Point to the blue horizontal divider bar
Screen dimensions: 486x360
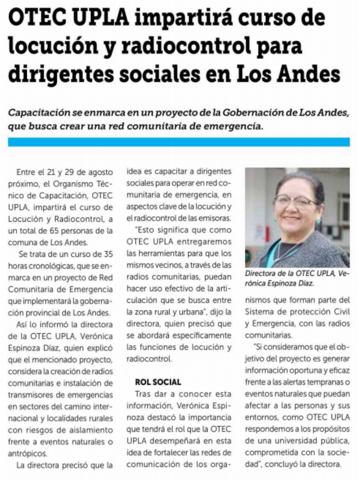179,142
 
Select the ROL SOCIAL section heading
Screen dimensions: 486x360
158,382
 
